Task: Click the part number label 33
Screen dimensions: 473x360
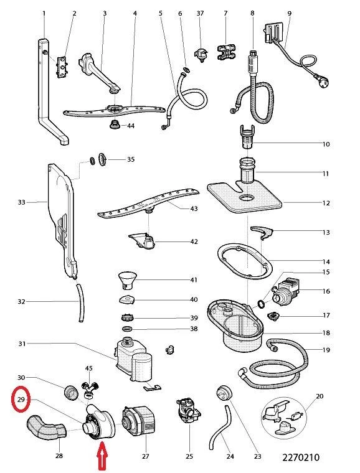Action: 21,202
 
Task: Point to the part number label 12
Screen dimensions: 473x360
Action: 325,203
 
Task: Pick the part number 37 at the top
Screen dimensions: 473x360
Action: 200,13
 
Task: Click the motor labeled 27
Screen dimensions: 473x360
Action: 140,422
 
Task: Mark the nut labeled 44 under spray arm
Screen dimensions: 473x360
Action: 115,126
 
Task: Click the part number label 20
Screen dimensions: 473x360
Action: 320,396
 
